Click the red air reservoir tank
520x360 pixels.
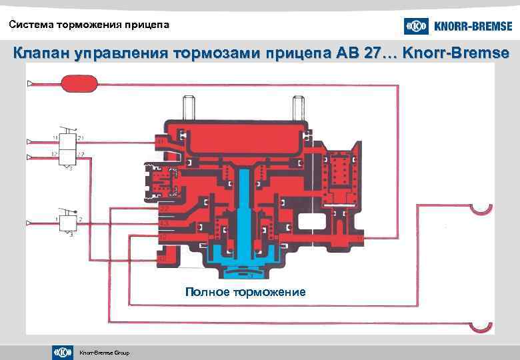coord(79,83)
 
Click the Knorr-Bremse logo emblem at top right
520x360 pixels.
coord(416,26)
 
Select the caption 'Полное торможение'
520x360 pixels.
coord(245,292)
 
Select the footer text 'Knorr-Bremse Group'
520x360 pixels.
coord(104,353)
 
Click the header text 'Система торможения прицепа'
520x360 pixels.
coord(89,25)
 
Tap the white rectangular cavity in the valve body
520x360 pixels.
coord(313,221)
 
